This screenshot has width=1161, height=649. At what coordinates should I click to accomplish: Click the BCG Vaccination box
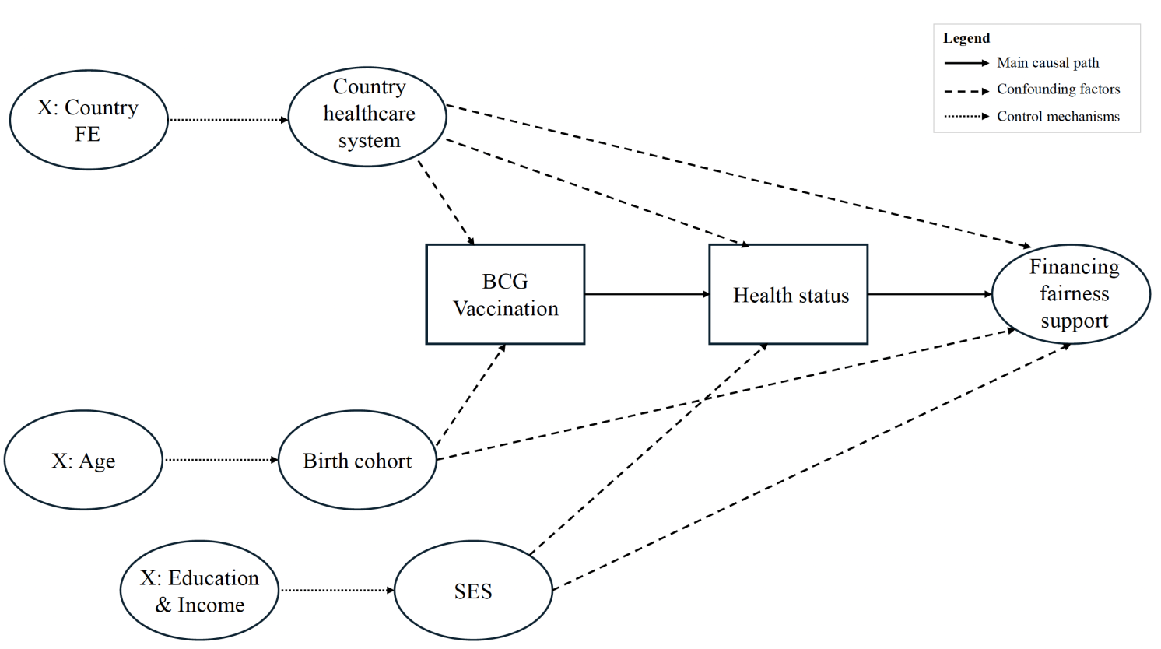tap(505, 294)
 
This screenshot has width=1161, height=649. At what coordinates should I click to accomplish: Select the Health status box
tap(787, 294)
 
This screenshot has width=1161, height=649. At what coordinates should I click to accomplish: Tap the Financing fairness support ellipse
tap(1071, 293)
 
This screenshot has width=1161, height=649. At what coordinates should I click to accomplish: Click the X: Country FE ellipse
tap(89, 120)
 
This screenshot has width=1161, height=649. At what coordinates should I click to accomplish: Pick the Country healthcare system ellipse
tap(367, 116)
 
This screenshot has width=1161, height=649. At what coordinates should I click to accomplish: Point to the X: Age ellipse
tap(83, 460)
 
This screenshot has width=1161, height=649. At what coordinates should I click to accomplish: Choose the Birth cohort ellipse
tap(357, 460)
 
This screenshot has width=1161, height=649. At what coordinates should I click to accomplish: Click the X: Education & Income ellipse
tap(199, 591)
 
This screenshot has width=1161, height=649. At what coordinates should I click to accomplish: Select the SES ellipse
tap(473, 591)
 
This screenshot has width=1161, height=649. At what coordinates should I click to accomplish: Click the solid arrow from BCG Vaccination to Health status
tap(646, 294)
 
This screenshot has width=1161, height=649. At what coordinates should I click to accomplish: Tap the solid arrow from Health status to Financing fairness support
tap(929, 294)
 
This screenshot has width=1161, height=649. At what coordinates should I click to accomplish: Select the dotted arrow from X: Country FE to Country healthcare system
tap(228, 120)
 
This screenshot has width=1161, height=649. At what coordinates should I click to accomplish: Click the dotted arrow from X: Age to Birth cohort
tap(220, 460)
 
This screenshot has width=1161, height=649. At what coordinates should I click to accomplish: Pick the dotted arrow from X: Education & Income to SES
tap(336, 591)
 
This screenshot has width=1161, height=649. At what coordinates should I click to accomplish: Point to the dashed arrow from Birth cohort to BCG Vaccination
tap(470, 395)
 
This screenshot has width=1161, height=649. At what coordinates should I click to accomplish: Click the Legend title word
tap(966, 38)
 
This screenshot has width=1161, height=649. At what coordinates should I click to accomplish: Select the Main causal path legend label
tap(1047, 63)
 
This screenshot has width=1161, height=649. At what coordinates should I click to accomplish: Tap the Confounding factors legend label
tap(1058, 89)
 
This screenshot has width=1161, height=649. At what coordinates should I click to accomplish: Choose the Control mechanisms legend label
tap(1058, 117)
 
